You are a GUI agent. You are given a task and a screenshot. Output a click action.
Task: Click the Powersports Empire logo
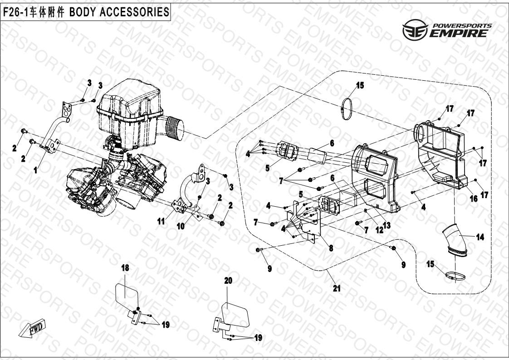[x=447, y=30]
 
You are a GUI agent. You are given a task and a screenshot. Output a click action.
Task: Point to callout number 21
[x=336, y=287]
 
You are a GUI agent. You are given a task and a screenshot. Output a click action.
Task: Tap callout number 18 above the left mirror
[x=125, y=268]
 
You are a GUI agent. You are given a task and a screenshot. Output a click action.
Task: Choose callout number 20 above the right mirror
[x=228, y=281]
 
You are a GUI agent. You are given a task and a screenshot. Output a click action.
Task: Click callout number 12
[x=378, y=231]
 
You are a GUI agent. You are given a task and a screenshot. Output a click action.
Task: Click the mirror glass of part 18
[x=124, y=295]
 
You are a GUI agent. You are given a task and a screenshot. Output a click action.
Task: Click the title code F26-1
[x=15, y=12]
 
